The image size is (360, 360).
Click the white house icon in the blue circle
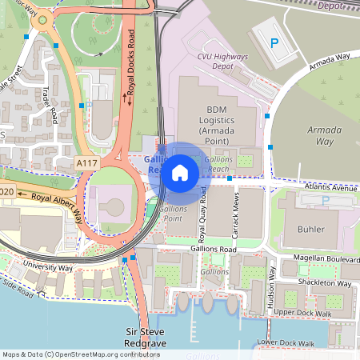tap(180, 172)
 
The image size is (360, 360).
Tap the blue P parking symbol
tap(275, 42)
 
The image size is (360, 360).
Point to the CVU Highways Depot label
tap(223, 62)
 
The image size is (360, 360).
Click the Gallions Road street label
tap(214, 250)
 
